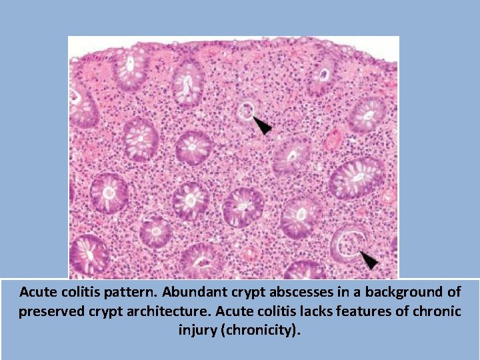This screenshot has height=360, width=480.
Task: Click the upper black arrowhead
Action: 263,125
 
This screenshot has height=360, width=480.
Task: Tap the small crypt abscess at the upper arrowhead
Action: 245,111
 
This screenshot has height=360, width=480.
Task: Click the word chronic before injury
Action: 437,311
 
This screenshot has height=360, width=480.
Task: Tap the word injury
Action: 197,330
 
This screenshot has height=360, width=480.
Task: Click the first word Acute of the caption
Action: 36,292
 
